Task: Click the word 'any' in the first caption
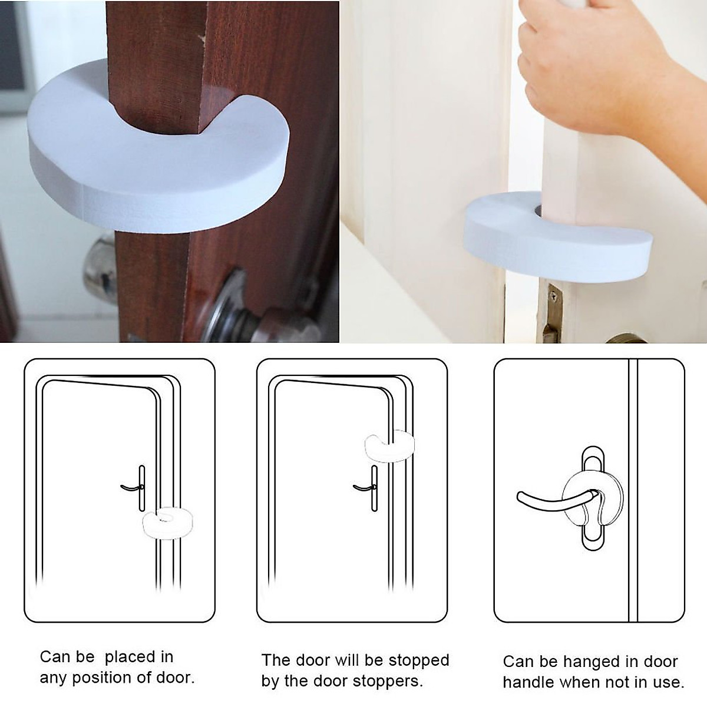[x=52, y=679]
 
